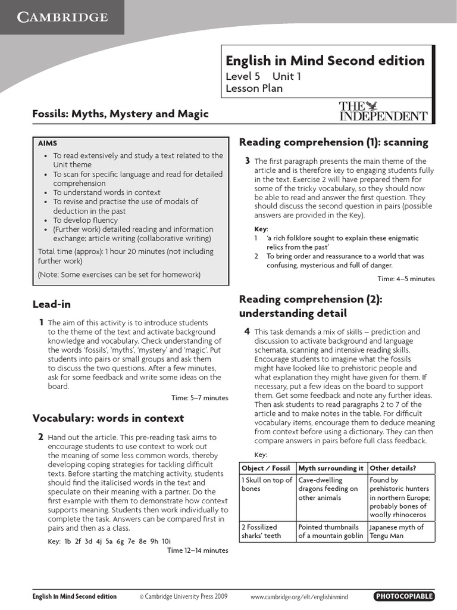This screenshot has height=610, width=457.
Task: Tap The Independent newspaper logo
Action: (383, 111)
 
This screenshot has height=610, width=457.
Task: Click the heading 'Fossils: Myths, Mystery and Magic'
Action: (120, 114)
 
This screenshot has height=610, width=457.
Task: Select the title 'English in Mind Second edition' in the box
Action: (325, 61)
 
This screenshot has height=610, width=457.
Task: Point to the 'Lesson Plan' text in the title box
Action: (254, 89)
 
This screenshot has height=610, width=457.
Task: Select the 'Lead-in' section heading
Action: (52, 304)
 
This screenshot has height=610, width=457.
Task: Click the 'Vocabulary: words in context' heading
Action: (108, 418)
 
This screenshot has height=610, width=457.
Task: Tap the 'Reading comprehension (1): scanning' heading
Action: (333, 142)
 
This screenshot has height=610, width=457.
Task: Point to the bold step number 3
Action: (247, 161)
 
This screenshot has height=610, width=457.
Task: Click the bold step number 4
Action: (247, 331)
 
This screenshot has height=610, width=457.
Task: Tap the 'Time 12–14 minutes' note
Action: (198, 550)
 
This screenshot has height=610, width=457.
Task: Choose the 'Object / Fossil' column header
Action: (266, 468)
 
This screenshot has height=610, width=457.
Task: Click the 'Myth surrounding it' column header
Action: (331, 468)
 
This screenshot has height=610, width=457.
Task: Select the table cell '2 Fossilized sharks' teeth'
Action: (266, 531)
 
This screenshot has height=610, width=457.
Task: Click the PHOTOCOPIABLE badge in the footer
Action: (404, 596)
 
